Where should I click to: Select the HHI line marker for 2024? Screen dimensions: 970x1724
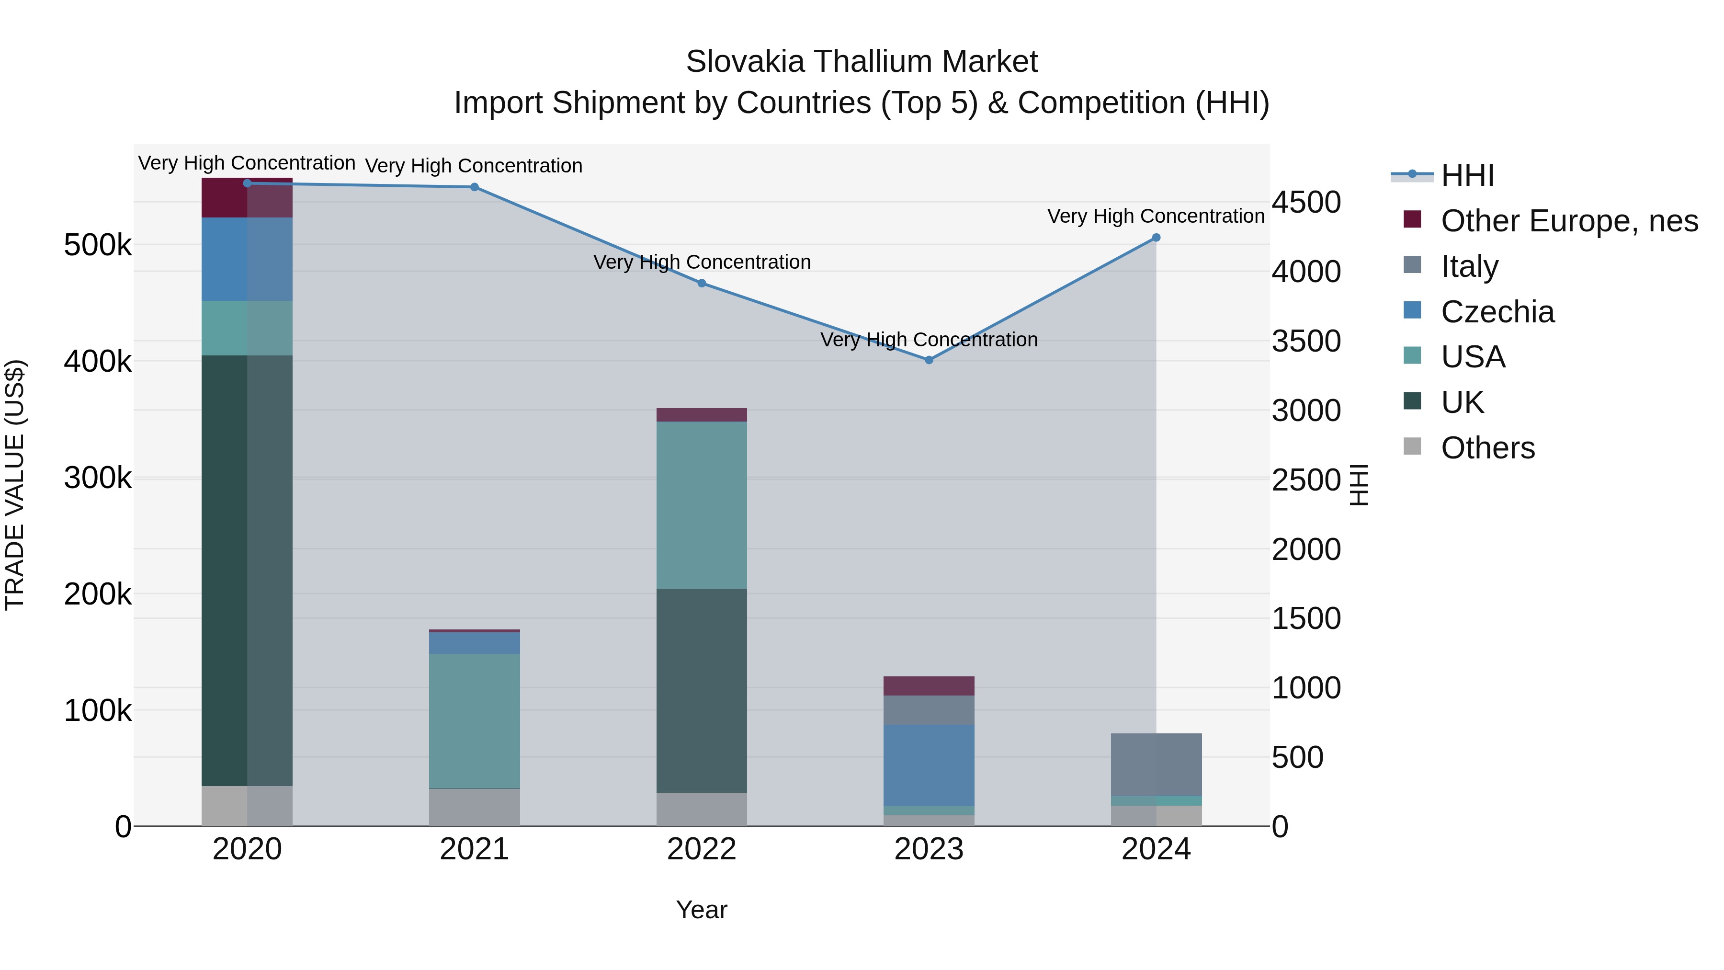(1156, 238)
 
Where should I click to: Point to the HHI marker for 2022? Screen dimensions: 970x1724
(702, 283)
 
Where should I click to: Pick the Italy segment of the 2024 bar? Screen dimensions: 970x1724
(1156, 765)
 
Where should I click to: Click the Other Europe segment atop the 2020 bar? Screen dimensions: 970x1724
(247, 198)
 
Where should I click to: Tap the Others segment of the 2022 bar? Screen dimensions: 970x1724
(702, 810)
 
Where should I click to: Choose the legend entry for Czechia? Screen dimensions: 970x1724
(1497, 312)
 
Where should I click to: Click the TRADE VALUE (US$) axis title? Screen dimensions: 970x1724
(15, 485)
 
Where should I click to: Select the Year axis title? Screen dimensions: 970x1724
(702, 910)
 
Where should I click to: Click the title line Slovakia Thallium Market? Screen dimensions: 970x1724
(862, 62)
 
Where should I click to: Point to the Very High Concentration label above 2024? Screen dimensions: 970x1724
(1156, 216)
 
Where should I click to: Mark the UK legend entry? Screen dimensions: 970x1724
(1463, 403)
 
